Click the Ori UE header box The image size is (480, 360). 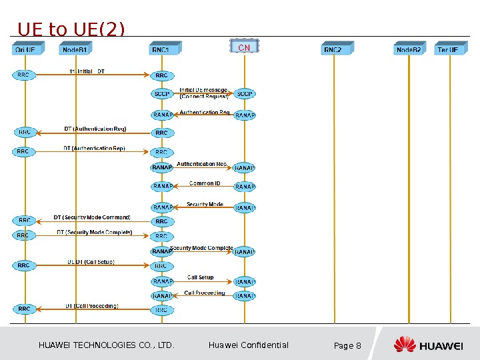click(28, 49)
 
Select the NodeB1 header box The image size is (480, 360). click(76, 49)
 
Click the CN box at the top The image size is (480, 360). click(244, 47)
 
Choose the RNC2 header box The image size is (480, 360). click(335, 49)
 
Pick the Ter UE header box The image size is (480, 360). click(449, 49)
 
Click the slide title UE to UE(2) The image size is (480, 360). click(71, 29)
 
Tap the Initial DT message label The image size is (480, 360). click(87, 71)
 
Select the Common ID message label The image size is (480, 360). click(204, 183)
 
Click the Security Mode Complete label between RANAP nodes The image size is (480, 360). click(202, 248)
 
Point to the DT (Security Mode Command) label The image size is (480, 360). click(92, 217)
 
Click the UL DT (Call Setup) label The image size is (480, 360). click(91, 262)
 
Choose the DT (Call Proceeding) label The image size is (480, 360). click(92, 306)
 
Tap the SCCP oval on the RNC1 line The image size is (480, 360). click(162, 94)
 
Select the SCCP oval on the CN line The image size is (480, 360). click(245, 94)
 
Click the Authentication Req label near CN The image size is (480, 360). click(205, 113)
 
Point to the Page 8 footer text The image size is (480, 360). click(347, 345)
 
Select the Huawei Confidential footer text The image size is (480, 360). click(248, 345)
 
